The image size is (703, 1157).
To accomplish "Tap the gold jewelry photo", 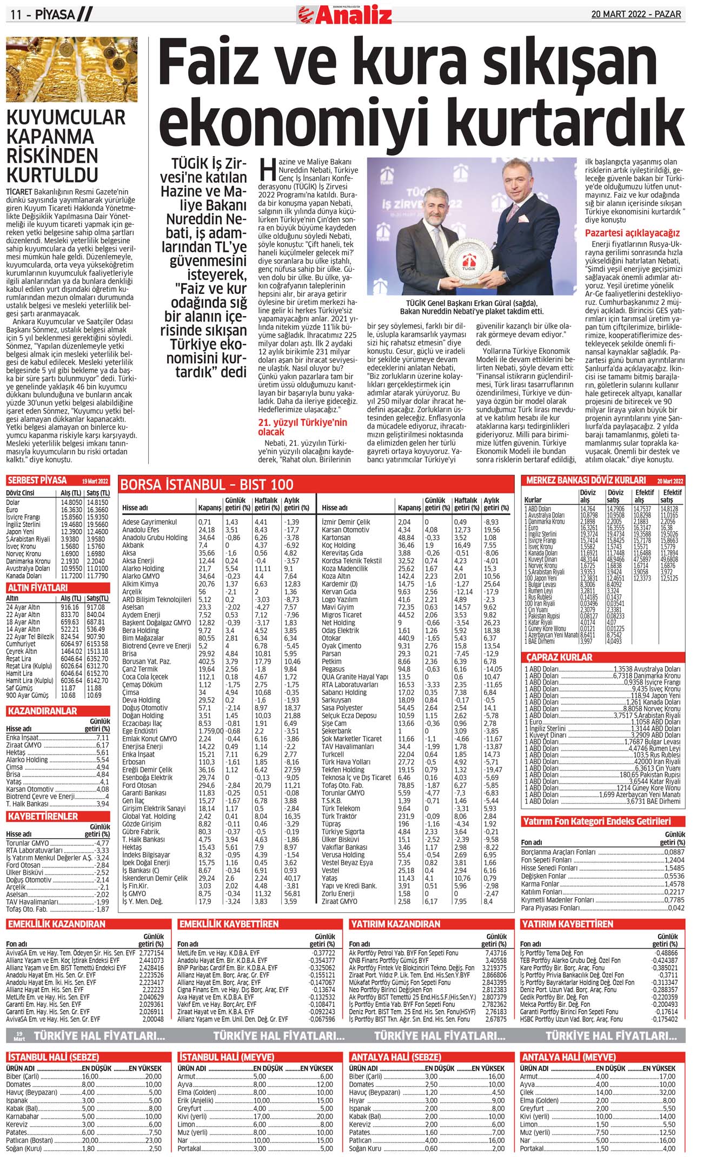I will (72, 69).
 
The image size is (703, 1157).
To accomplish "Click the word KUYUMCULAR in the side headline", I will (65, 117).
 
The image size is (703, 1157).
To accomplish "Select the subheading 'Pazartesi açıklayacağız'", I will (632, 233).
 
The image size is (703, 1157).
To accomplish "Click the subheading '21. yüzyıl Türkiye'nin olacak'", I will (302, 427).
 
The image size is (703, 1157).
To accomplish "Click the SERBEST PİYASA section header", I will (37, 480).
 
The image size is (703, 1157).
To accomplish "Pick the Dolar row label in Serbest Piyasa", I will (13, 502).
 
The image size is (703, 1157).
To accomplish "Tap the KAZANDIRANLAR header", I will (42, 711).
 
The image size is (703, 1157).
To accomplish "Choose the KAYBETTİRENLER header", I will (43, 816).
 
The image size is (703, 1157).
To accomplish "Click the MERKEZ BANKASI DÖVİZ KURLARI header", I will (586, 480).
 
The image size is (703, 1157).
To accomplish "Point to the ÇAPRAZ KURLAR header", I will (559, 657).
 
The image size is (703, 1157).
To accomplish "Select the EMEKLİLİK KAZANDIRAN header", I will (56, 924).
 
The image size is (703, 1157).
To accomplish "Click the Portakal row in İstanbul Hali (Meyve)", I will (190, 1148).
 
